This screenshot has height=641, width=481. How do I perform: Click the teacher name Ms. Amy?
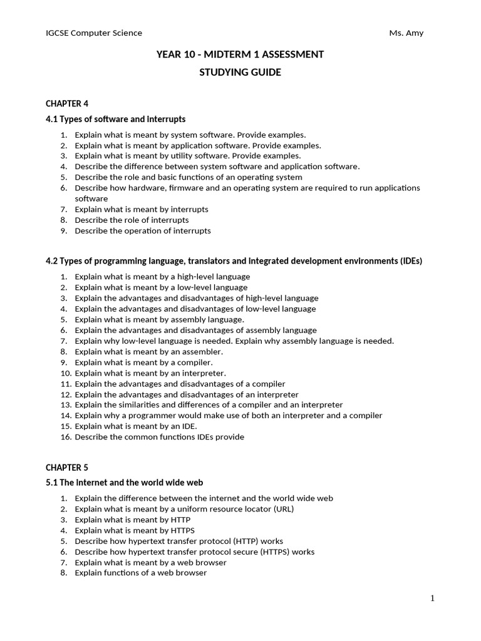tap(406, 33)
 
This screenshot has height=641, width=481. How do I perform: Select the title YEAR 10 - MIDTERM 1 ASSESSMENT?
tap(240, 54)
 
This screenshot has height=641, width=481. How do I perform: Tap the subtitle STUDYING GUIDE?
tap(240, 73)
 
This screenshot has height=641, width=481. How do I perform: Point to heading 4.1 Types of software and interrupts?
tap(115, 119)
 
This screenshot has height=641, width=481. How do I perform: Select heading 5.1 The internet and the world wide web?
tap(124, 483)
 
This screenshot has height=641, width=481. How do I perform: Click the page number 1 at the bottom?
tap(432, 598)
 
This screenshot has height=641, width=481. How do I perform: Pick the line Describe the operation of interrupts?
tap(142, 230)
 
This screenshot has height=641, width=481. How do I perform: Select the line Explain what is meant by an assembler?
tap(148, 351)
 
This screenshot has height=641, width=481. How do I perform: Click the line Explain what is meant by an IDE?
tap(135, 426)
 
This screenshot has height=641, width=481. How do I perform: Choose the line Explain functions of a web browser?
tap(140, 573)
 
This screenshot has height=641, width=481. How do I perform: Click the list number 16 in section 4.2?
tap(65, 437)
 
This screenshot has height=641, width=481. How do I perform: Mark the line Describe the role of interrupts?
tap(132, 220)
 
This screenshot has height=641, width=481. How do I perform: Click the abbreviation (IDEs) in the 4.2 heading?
tap(411, 260)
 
